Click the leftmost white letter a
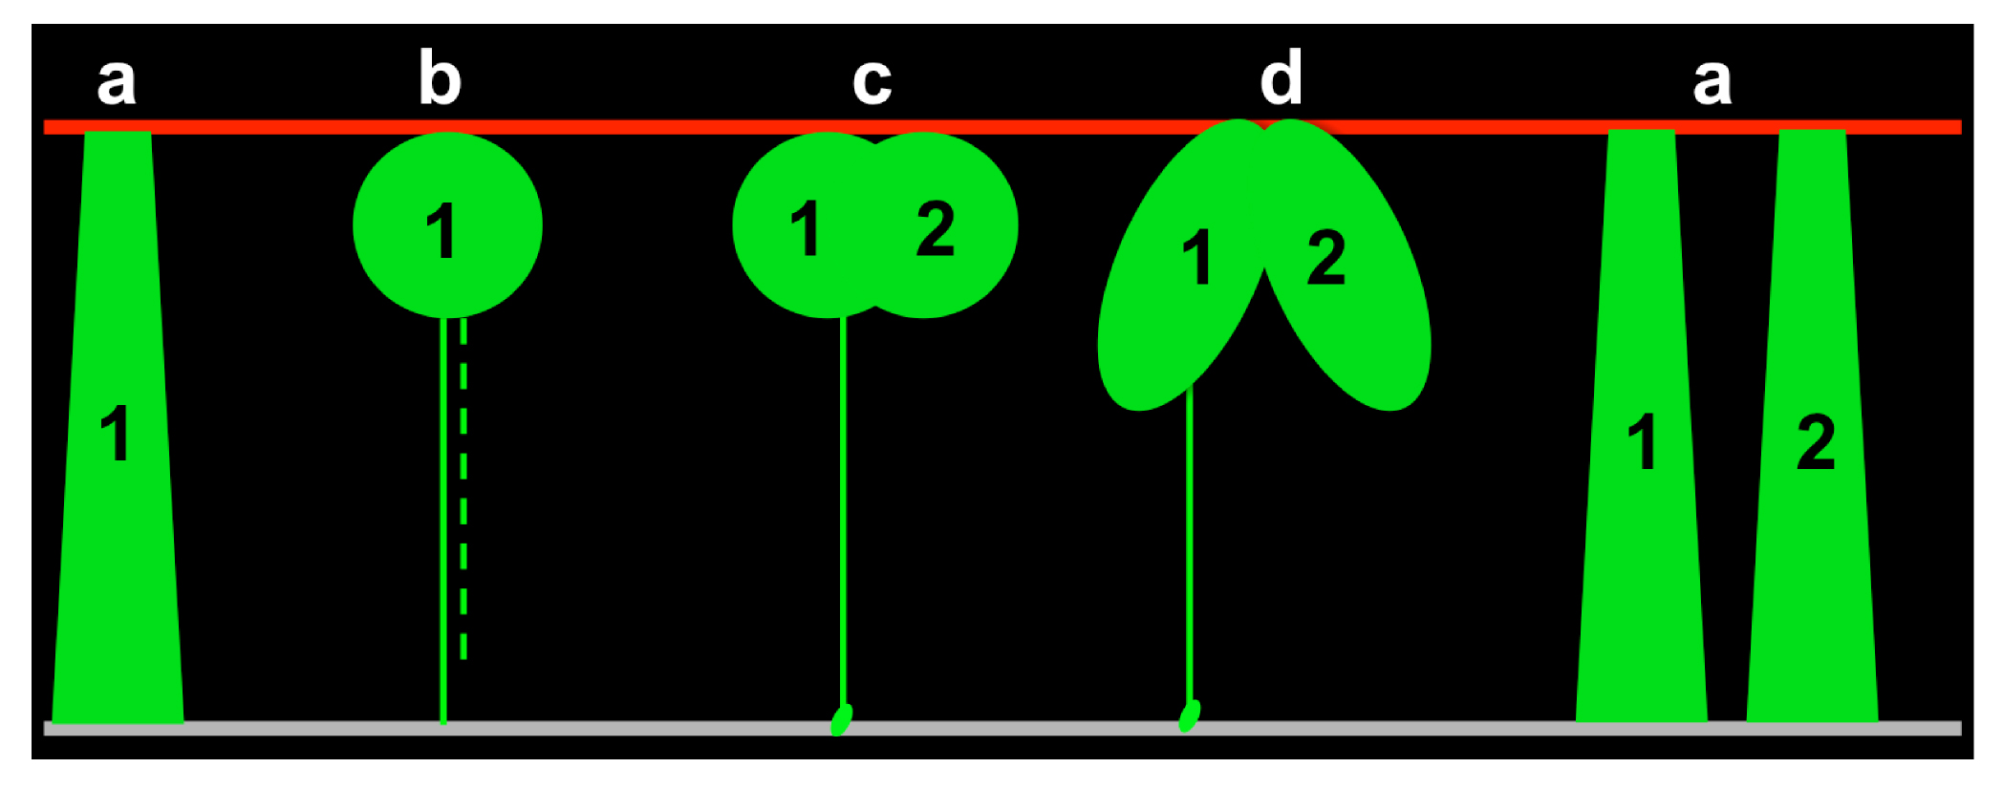pos(117,81)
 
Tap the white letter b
pos(441,77)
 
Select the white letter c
pos(872,81)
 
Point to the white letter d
pos(1281,77)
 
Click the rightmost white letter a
pos(1712,81)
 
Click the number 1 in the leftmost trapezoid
pos(116,433)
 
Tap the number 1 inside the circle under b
pos(441,230)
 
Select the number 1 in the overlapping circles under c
pos(806,227)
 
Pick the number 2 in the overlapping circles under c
pos(935,227)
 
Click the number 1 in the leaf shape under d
pos(1196,256)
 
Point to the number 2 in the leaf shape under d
pos(1326,256)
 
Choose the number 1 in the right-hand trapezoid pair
pos(1642,441)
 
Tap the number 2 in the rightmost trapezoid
pos(1816,441)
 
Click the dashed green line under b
pos(463,488)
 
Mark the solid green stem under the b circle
pos(443,521)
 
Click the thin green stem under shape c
pos(842,511)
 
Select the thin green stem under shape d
pos(1190,544)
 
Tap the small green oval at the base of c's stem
pos(841,720)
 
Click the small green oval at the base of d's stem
pos(1189,715)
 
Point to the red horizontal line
pos(1002,127)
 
